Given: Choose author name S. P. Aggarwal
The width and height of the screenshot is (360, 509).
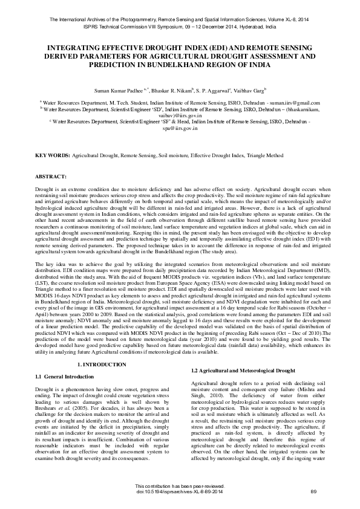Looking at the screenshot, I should [213, 89].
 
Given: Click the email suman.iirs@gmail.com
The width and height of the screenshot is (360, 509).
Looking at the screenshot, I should [293, 103].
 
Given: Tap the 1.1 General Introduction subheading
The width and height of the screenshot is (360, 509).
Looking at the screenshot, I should [65, 377].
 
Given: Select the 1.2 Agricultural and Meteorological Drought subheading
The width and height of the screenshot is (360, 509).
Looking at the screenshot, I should [235, 369].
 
